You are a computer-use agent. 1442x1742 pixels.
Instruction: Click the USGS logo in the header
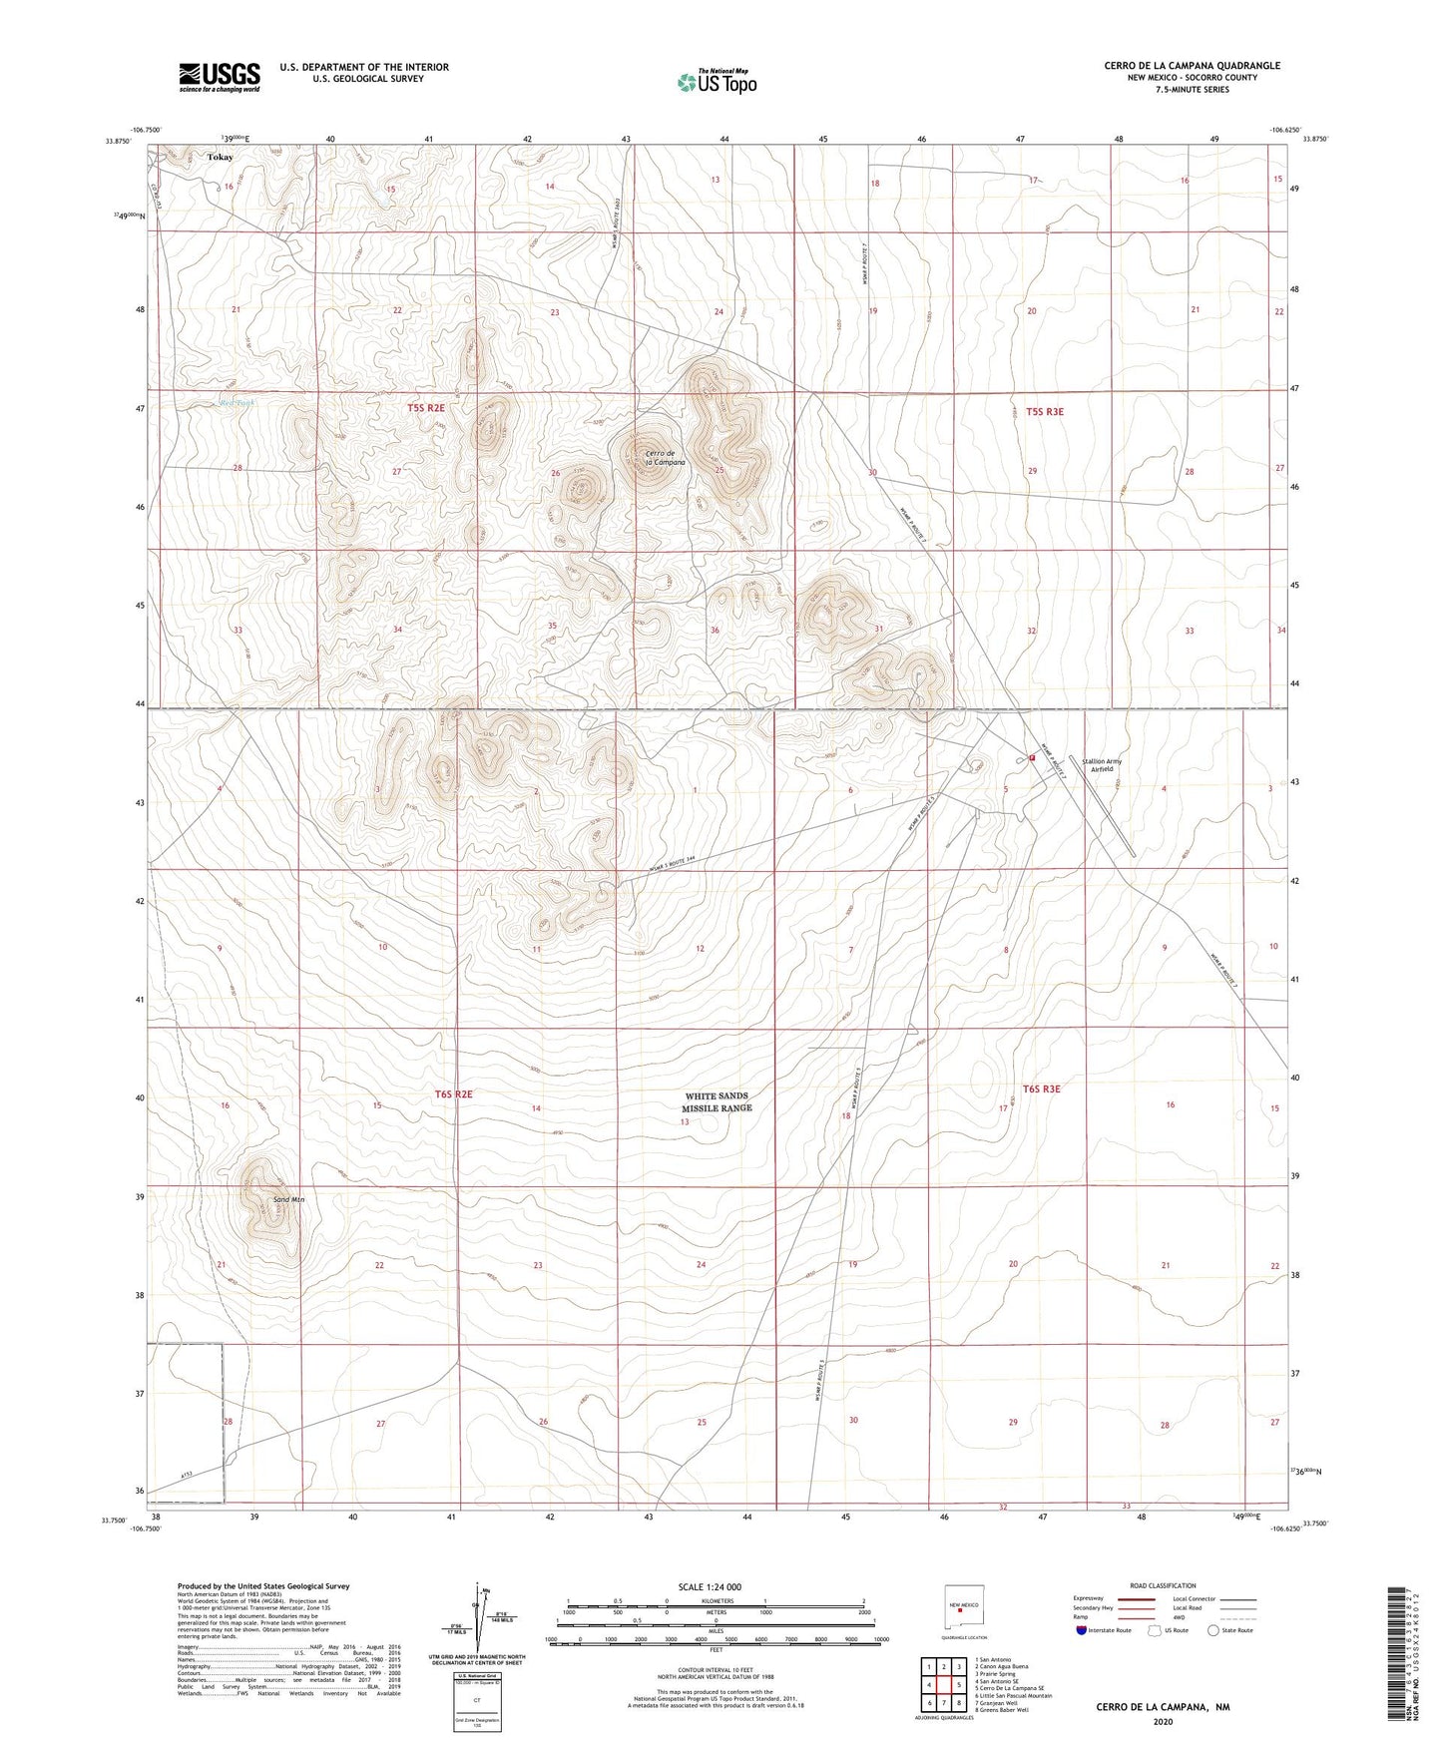(x=220, y=76)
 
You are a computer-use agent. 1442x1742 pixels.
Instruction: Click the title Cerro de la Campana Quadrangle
(x=1192, y=66)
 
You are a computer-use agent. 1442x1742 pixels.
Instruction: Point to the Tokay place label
(x=220, y=157)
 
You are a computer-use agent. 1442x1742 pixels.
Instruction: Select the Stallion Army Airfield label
(x=1101, y=765)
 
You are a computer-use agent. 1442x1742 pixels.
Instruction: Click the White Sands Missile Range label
(x=717, y=1101)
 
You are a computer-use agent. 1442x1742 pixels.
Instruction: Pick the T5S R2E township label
(x=425, y=408)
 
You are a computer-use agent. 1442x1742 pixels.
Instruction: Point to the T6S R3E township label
(x=1041, y=1089)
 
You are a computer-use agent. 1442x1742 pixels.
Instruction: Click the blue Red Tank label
(x=238, y=403)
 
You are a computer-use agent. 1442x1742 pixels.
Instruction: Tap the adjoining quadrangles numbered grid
(x=943, y=1686)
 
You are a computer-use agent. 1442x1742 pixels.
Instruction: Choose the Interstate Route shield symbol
(x=1082, y=1630)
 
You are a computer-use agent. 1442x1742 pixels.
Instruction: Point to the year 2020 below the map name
(x=1163, y=1722)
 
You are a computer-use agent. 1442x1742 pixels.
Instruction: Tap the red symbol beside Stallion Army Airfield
(x=1032, y=757)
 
